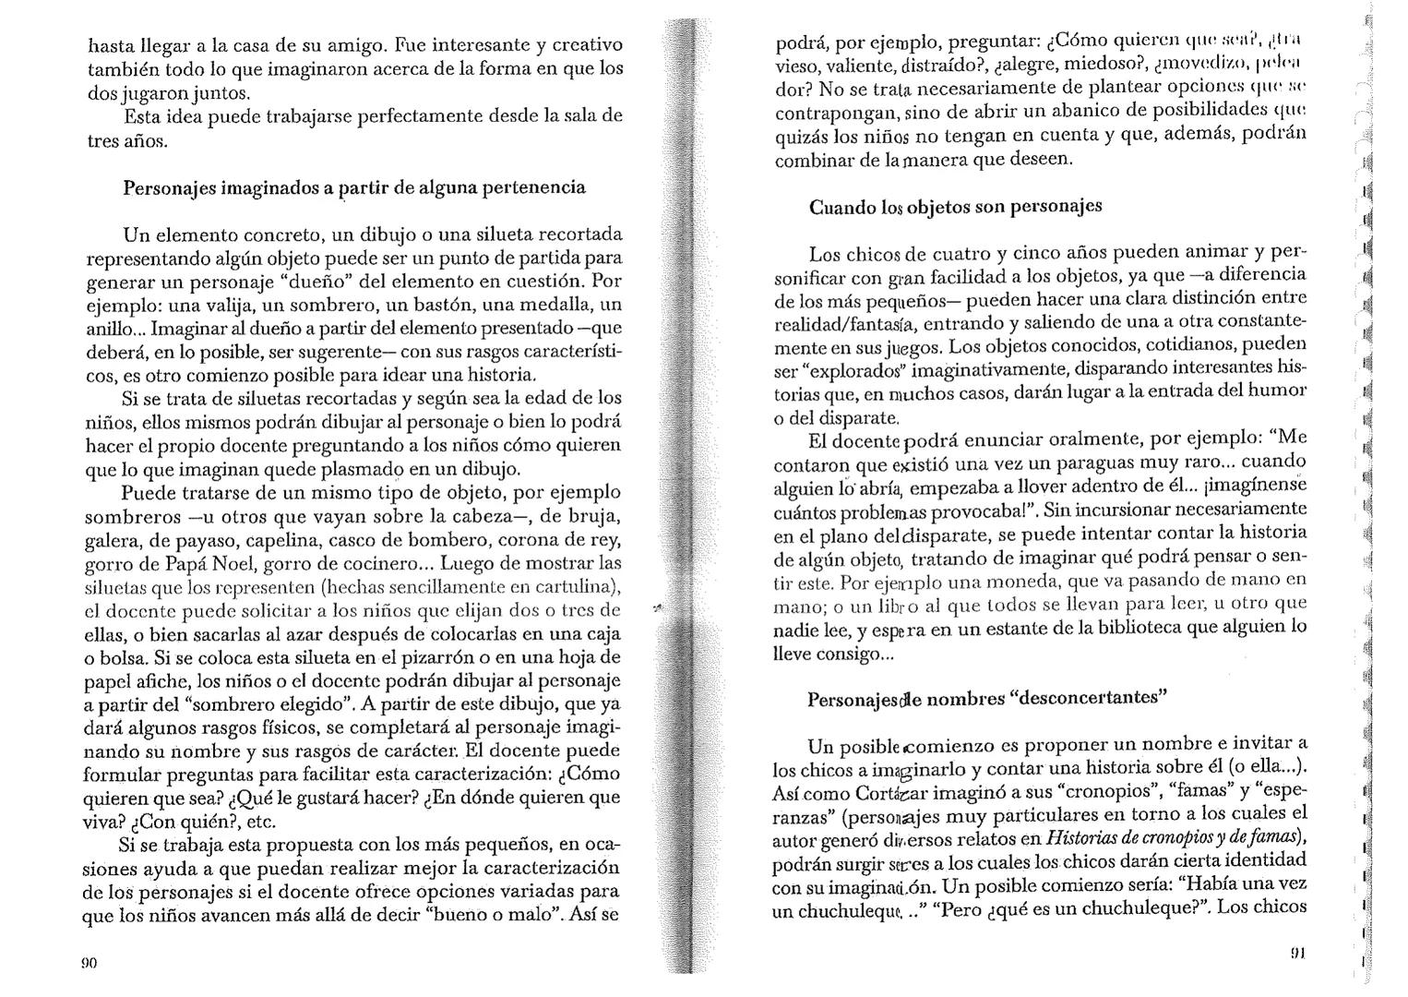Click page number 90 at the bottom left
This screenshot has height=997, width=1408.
pos(89,962)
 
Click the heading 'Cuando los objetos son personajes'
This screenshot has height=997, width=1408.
pos(955,207)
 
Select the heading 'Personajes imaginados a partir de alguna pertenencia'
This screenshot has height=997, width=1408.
pos(354,187)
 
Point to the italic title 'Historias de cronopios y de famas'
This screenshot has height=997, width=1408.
pos(1172,838)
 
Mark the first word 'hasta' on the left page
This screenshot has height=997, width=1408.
pos(110,44)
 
